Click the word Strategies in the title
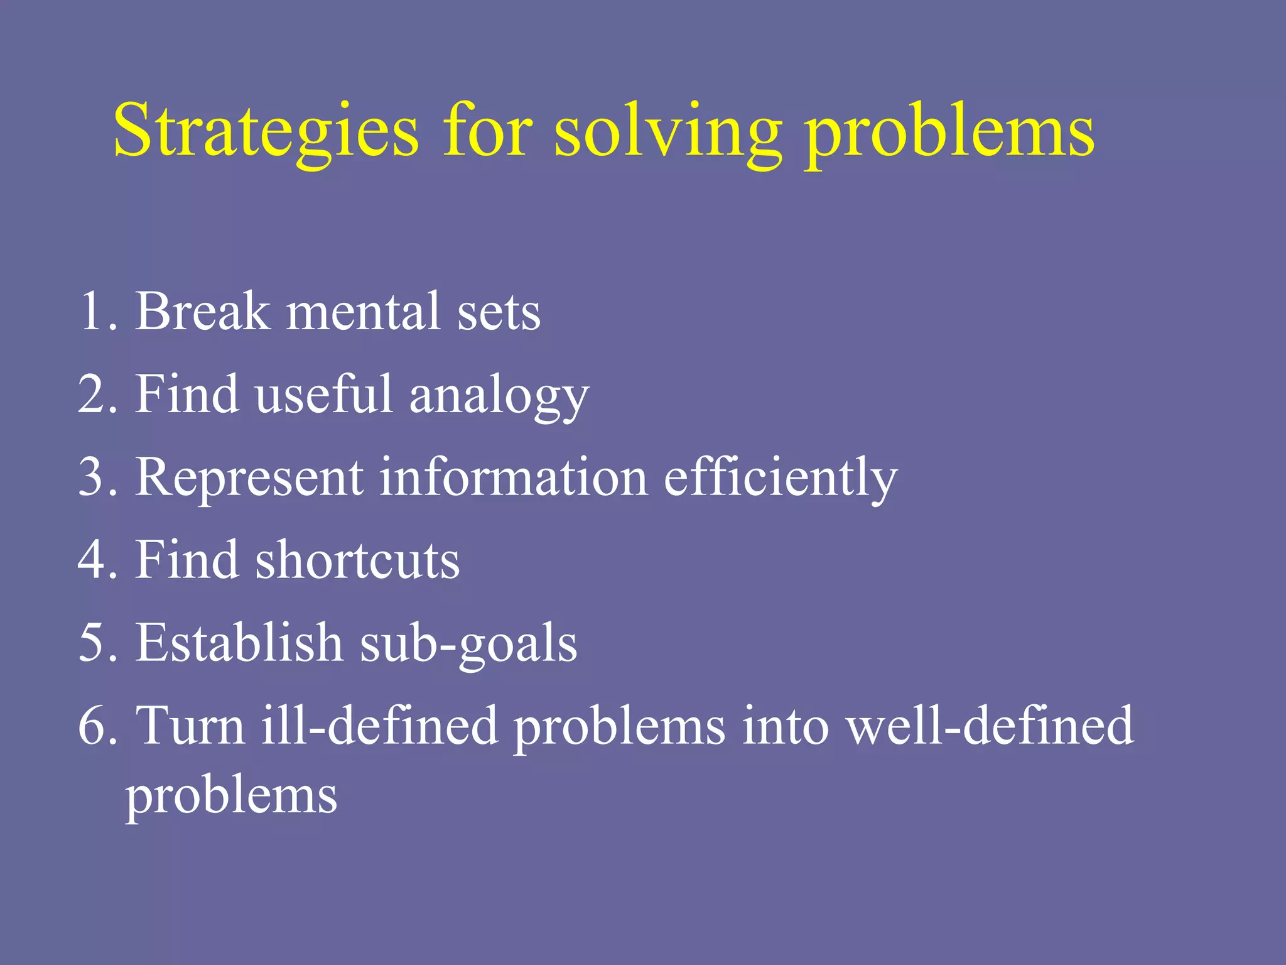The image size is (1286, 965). [x=266, y=131]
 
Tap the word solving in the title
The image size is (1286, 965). [x=668, y=131]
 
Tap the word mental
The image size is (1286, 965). [x=363, y=310]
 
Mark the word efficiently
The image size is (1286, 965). [x=781, y=477]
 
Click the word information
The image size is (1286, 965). [x=514, y=477]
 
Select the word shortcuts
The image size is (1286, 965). [x=357, y=560]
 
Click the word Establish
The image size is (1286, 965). [x=239, y=642]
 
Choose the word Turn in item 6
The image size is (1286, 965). [x=190, y=726]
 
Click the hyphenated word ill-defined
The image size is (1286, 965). [x=379, y=726]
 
